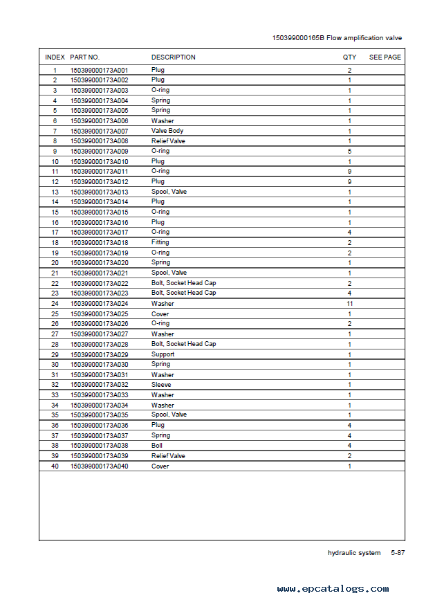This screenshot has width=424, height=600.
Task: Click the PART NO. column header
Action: tap(84, 57)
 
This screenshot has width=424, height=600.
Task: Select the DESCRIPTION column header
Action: tap(173, 57)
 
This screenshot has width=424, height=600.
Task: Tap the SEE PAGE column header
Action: tap(385, 57)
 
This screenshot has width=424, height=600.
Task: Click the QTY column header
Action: tap(349, 57)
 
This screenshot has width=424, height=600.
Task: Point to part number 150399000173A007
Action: tap(99, 131)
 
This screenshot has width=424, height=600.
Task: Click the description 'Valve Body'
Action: tap(167, 131)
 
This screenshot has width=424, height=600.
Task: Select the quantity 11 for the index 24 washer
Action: tap(349, 303)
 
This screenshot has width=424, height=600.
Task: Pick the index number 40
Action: tap(55, 466)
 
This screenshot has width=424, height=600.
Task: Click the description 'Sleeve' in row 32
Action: tap(161, 385)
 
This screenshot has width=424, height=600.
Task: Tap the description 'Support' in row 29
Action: tap(163, 354)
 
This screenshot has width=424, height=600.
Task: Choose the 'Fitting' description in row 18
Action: tap(160, 243)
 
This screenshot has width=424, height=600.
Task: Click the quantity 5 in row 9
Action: tap(349, 151)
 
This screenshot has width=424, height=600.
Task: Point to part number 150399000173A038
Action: tap(99, 446)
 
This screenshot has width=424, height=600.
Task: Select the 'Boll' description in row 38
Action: tap(157, 446)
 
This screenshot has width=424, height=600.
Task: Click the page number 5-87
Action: tap(398, 553)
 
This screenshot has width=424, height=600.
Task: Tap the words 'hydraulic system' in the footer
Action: tap(353, 553)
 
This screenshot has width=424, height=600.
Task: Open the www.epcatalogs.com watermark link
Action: tap(333, 589)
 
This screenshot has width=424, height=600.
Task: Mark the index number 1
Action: tap(55, 70)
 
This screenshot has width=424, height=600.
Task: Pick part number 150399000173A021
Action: tap(99, 273)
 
